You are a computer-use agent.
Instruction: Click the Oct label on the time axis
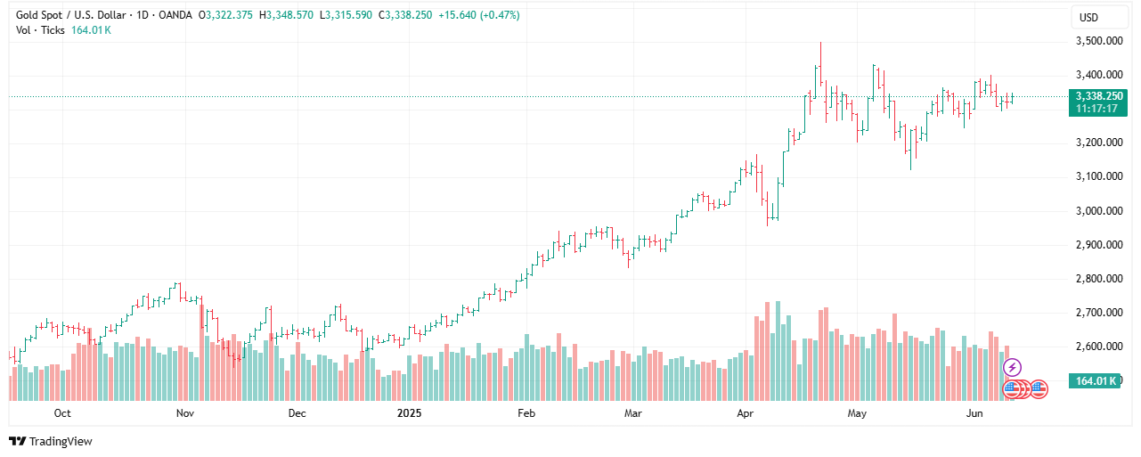62,413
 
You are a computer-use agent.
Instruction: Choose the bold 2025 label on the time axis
409,413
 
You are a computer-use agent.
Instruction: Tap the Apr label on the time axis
745,413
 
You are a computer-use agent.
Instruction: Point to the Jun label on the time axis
975,413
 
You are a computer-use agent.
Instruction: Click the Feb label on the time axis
526,413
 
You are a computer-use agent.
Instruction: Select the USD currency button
1088,17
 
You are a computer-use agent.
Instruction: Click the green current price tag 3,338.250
1098,95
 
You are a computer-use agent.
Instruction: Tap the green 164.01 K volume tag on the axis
1097,381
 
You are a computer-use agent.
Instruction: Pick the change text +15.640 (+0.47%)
478,15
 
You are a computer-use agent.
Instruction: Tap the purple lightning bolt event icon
1012,367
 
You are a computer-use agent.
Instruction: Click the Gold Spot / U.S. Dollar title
72,15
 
